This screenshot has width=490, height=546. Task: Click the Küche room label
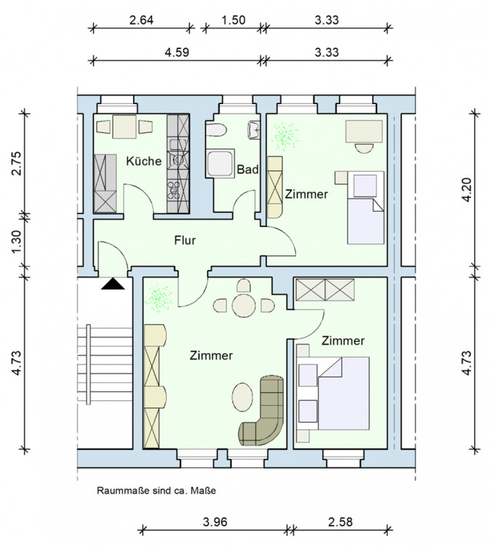pos(143,161)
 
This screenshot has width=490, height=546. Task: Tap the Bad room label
pos(248,170)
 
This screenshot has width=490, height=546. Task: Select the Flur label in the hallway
pos(185,240)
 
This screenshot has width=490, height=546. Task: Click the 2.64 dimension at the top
pos(141,20)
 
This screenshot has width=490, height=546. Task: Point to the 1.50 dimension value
pos(233,20)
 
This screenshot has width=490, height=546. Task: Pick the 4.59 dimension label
pos(177,52)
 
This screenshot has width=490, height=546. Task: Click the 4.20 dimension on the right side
pos(467,189)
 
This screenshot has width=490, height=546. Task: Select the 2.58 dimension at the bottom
pos(340,522)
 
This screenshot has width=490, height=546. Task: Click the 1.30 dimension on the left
pos(16,242)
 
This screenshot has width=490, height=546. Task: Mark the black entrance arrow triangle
pos(113,284)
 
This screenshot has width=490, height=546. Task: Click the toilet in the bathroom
pos(216,130)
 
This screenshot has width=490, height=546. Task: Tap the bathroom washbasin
pos(254,130)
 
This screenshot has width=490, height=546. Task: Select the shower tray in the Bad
pos(220,164)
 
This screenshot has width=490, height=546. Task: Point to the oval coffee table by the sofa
pos(242,397)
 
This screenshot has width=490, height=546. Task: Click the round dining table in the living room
pos(243,306)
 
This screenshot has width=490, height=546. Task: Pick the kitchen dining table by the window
pos(125,127)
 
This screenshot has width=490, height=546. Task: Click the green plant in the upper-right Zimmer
pos(285,137)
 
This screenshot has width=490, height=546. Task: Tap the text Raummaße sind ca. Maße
pos(157,491)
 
